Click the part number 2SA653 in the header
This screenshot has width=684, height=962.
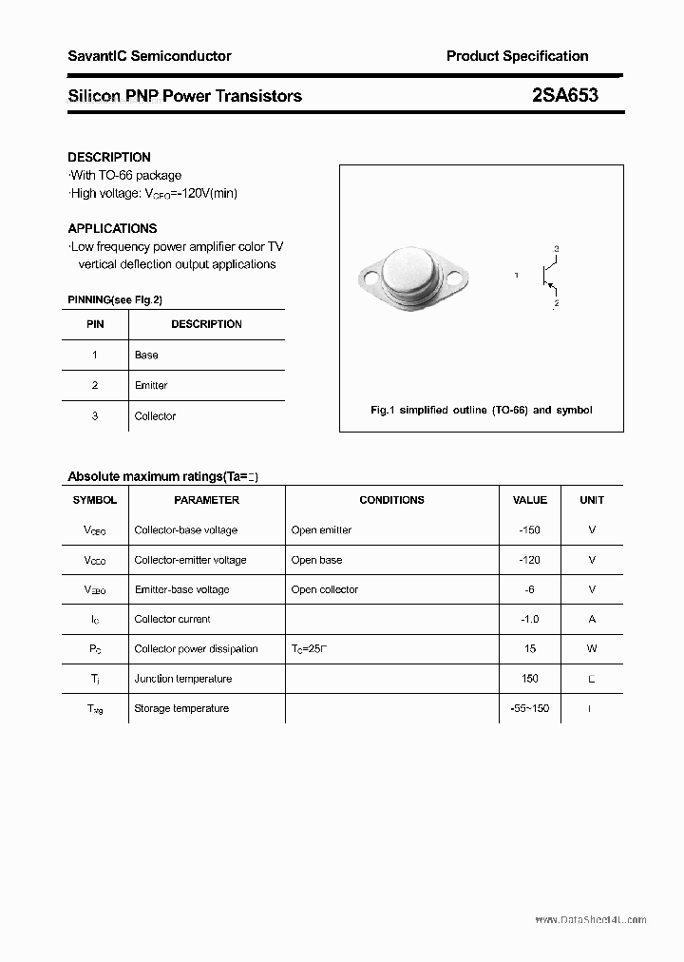coord(565,95)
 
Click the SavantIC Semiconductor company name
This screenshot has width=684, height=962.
coord(149,56)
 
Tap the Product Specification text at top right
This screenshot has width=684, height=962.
coord(517,56)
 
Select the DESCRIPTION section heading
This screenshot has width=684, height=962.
coord(109,157)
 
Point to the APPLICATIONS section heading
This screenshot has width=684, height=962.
coord(112,228)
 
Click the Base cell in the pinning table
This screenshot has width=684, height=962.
coord(146,355)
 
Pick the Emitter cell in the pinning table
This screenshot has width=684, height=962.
coord(151,385)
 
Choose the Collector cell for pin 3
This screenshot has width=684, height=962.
coord(155,415)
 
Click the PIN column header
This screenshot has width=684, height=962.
coord(95,324)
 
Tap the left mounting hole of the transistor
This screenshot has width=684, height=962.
coord(371,279)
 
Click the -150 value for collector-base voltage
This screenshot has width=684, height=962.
coord(529,529)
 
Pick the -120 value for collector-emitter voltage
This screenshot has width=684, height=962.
coord(529,560)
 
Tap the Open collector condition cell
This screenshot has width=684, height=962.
coord(325,589)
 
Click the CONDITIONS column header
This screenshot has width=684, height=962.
coord(391,500)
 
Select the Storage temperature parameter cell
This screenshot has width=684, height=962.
coord(181,708)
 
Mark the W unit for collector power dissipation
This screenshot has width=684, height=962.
coord(592,648)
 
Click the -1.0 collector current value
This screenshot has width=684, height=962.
coord(529,619)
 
